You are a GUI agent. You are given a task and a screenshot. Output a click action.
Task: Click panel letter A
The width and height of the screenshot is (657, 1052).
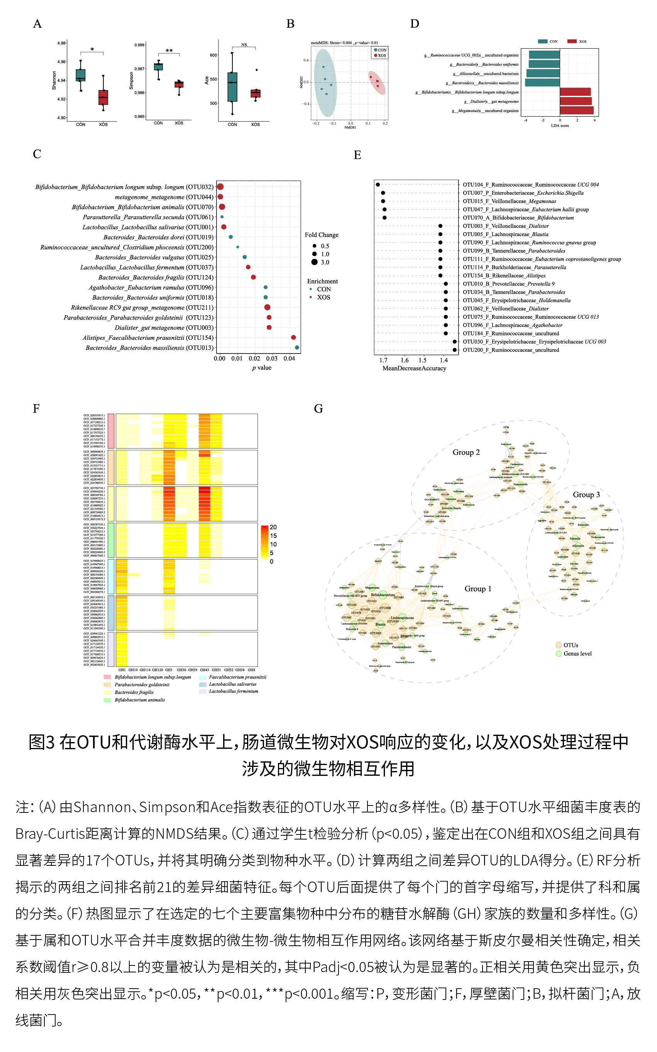tap(37, 24)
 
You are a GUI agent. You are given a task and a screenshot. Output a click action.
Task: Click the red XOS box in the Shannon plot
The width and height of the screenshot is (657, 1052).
tap(103, 97)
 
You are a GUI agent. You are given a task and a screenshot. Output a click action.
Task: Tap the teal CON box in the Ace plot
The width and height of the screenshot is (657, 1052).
tap(232, 87)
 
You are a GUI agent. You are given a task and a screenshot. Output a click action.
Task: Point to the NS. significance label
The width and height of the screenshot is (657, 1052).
tap(245, 45)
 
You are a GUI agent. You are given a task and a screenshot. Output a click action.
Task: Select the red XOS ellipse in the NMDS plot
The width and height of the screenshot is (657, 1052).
tap(376, 82)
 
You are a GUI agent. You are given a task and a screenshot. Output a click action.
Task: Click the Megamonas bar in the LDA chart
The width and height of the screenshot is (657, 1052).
tap(577, 110)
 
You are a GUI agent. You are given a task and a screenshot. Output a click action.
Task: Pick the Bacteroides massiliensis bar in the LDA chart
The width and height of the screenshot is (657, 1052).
tap(542, 83)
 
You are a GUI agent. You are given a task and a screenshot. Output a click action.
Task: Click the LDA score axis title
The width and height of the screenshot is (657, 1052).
tap(560, 126)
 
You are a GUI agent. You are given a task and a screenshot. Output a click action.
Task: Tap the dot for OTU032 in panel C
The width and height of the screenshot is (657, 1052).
tap(220, 187)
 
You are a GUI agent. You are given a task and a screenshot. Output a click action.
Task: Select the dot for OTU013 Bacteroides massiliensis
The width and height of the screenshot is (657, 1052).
tap(297, 347)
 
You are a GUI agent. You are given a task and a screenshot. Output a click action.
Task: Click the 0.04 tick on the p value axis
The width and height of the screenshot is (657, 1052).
tap(289, 359)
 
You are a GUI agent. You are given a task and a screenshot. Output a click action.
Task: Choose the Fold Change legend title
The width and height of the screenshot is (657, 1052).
tap(322, 235)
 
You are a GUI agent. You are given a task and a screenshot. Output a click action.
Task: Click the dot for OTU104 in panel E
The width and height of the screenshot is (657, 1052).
tap(378, 185)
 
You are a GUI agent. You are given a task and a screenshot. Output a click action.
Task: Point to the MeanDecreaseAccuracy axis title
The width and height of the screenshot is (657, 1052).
tap(414, 368)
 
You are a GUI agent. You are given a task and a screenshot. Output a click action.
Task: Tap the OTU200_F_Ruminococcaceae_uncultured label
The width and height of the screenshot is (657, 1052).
tap(511, 350)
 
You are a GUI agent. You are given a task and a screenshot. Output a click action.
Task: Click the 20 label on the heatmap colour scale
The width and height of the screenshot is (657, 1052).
tap(273, 527)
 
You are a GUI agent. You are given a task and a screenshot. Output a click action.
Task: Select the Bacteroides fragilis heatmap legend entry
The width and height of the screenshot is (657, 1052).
tap(134, 692)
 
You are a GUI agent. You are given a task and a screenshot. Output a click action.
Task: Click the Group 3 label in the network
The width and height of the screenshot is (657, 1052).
tap(586, 495)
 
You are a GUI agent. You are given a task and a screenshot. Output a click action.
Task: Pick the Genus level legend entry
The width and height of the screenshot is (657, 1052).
tap(577, 654)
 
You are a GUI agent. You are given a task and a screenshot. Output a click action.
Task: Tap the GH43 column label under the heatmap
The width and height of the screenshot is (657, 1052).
tap(204, 670)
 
